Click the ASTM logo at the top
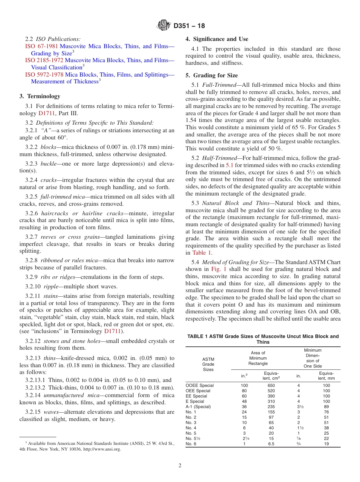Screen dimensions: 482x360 [x=164, y=26]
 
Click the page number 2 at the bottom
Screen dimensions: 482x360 [x=180, y=466]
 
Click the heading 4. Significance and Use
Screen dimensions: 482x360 [x=217, y=39]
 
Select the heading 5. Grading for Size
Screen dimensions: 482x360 [x=211, y=75]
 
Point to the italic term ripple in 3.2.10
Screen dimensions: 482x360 [x=51, y=286]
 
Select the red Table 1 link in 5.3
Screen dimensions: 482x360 [x=202, y=253]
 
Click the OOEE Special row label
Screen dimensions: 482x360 [x=200, y=385]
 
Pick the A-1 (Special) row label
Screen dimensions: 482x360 [x=198, y=407]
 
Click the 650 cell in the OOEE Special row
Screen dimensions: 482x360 [x=271, y=385]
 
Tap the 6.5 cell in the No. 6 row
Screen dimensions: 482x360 [x=271, y=444]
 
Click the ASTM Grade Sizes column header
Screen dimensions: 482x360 [x=208, y=364]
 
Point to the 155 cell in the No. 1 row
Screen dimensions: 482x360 [x=271, y=412]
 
